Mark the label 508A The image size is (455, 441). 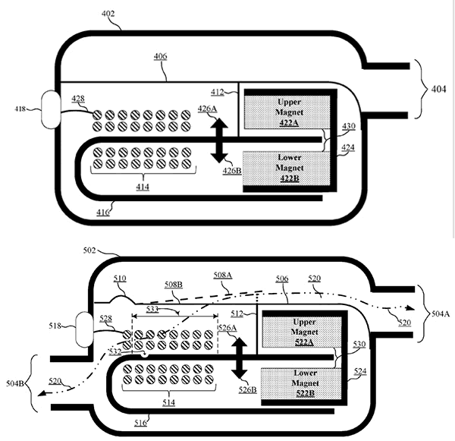(x=221, y=276)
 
